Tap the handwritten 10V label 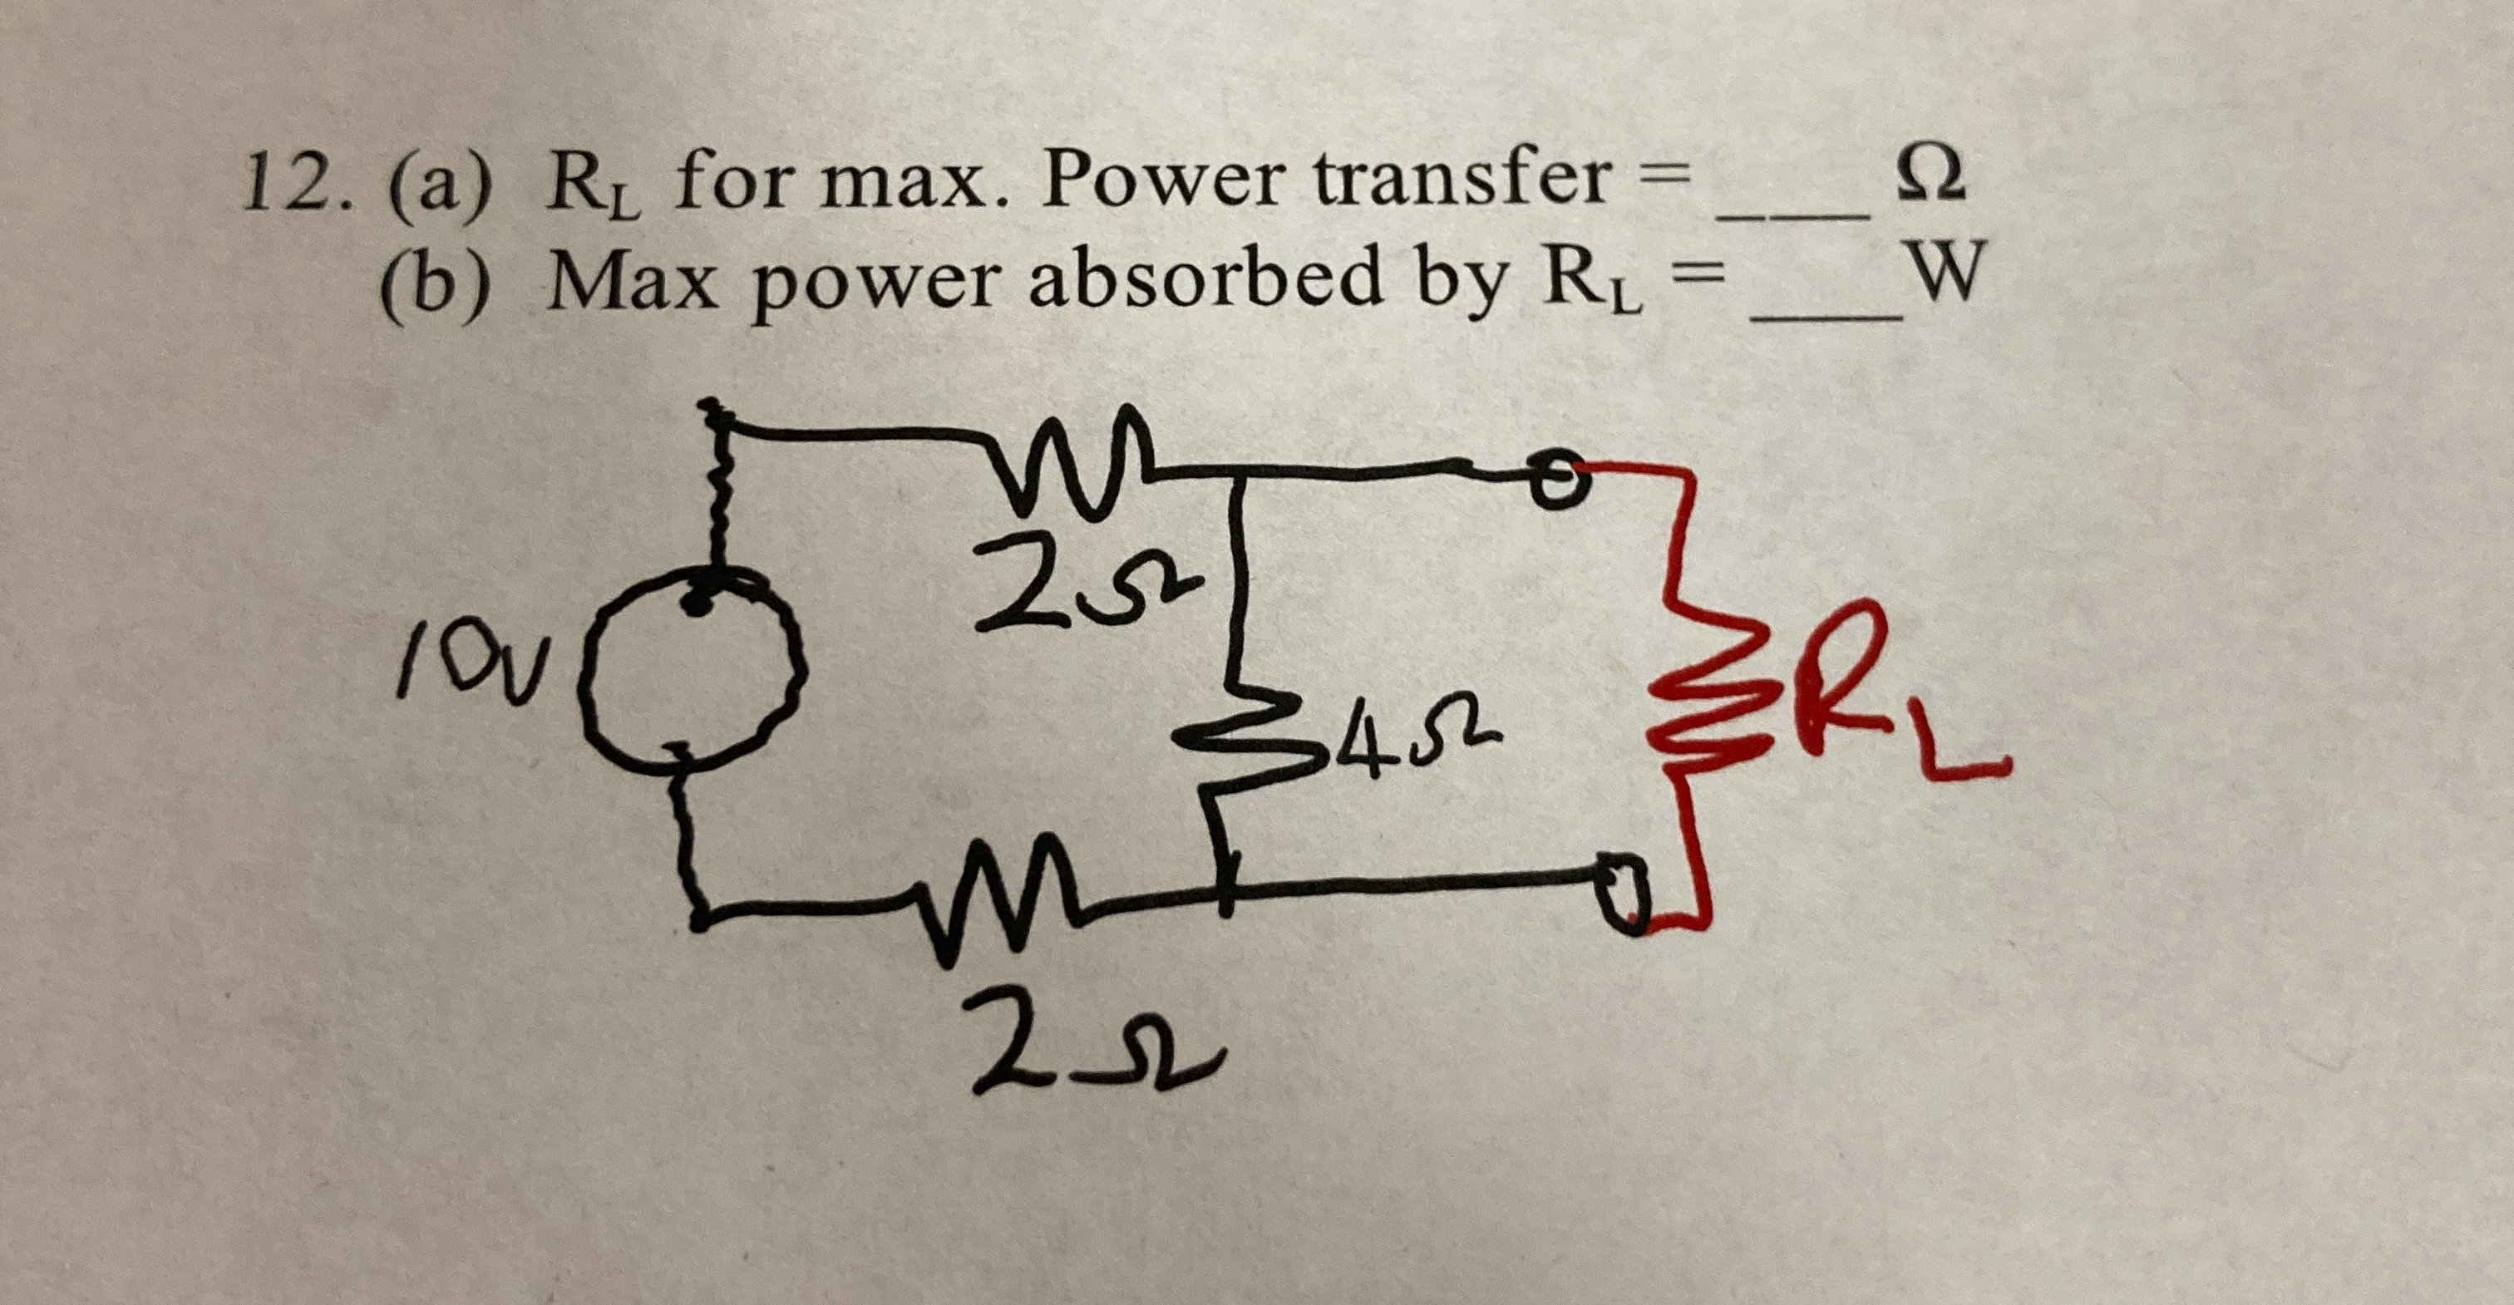466,666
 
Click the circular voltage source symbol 696,674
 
